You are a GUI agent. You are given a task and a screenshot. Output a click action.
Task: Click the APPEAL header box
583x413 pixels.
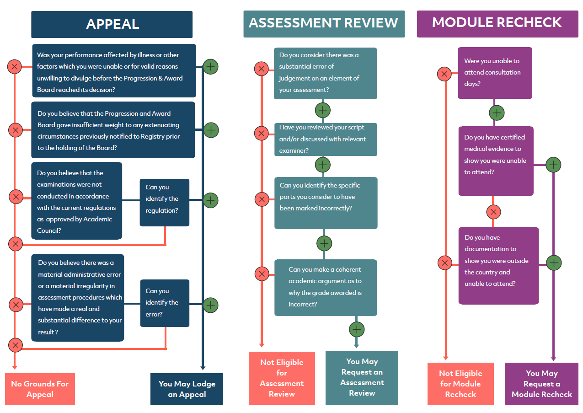[x=112, y=24]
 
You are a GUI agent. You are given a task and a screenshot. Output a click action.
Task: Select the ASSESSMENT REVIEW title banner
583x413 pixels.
[x=324, y=24]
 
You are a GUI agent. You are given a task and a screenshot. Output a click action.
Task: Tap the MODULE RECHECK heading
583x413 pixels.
[x=497, y=24]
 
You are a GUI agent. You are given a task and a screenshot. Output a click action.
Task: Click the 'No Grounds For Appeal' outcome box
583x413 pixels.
[x=40, y=389]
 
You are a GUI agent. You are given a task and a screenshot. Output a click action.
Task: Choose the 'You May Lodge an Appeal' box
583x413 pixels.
[x=187, y=389]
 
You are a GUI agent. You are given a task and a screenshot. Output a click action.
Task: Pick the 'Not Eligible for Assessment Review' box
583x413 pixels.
[x=282, y=378]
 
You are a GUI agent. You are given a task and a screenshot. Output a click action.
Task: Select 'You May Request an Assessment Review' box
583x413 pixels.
[x=362, y=378]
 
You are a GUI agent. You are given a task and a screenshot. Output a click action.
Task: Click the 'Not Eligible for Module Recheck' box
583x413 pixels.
[x=460, y=384]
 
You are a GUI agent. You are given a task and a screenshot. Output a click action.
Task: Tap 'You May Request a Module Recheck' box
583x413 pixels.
[x=541, y=384]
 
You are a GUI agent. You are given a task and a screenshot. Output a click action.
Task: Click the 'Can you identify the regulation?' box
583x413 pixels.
[x=165, y=202]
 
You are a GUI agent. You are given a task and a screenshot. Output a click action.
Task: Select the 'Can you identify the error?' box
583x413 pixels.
[x=165, y=303]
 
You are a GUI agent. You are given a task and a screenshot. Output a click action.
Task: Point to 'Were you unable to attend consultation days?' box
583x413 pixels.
[x=495, y=73]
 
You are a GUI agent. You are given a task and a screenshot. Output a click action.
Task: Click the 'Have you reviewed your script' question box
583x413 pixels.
[x=326, y=139]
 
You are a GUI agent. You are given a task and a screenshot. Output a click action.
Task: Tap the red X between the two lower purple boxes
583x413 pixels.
[x=493, y=212]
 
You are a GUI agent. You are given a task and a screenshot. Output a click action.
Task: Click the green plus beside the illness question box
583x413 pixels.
[x=210, y=67]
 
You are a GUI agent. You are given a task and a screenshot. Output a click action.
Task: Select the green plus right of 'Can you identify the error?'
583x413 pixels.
[x=210, y=305]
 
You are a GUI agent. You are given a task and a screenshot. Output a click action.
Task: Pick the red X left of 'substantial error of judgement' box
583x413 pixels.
[x=261, y=69]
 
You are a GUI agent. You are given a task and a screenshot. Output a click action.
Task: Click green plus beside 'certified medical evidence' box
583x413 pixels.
[x=553, y=165]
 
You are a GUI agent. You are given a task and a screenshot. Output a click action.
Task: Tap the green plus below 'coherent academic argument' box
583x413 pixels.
[x=357, y=329]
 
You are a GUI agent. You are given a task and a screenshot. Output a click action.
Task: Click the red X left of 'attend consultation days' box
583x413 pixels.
[x=444, y=74]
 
